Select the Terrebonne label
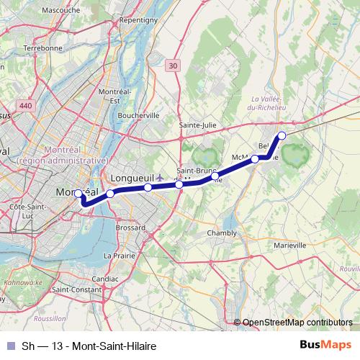coord(43,48)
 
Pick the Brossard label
coord(130,227)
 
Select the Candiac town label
coord(105,277)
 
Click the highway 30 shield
coord(171,66)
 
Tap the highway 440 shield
coord(27,106)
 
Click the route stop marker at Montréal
coord(78,193)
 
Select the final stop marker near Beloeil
coord(282,135)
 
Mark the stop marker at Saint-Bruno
coord(215,176)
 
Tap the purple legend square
coord(9,346)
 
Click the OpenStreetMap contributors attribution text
coord(297,322)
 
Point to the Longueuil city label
coord(133,177)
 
